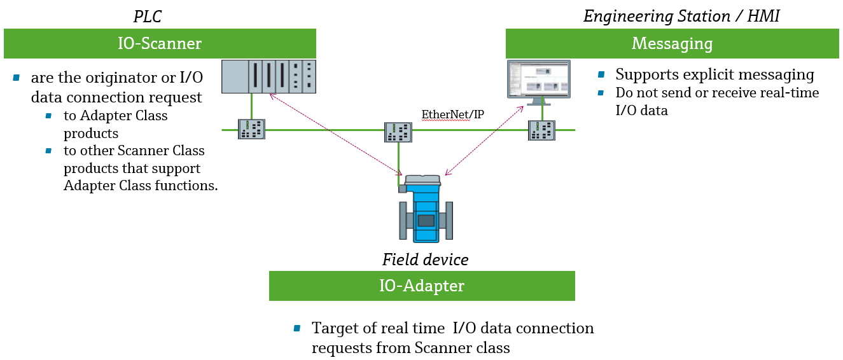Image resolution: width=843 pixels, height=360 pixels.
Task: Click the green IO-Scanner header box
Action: (160, 43)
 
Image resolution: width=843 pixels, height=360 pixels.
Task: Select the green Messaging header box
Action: (672, 43)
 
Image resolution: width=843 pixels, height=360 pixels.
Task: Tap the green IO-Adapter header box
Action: (422, 286)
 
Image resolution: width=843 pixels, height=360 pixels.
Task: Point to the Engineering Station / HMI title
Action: (681, 16)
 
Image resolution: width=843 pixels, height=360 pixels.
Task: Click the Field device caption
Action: (425, 260)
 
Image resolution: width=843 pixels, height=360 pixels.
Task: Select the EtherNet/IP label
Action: (452, 114)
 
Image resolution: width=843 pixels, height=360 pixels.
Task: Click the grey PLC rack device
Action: (268, 76)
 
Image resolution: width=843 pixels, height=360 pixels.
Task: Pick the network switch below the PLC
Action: (251, 129)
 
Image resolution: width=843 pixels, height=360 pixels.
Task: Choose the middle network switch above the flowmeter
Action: (398, 132)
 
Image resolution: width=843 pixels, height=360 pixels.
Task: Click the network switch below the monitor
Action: (542, 130)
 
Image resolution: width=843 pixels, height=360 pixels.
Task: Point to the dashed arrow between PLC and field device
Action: (334, 134)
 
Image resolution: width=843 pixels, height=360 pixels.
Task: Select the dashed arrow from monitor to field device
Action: (484, 142)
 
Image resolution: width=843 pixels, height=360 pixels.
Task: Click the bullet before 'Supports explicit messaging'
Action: (601, 75)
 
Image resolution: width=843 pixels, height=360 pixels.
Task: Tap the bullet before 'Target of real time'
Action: (296, 329)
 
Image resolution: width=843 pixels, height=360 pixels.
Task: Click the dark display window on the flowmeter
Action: (425, 221)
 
